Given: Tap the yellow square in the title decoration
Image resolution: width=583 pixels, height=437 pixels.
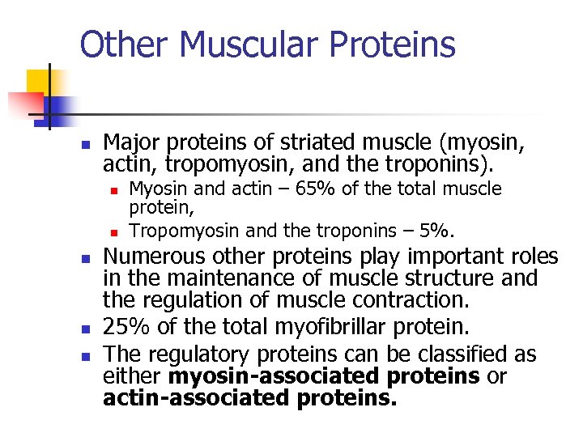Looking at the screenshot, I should point(38,81).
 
